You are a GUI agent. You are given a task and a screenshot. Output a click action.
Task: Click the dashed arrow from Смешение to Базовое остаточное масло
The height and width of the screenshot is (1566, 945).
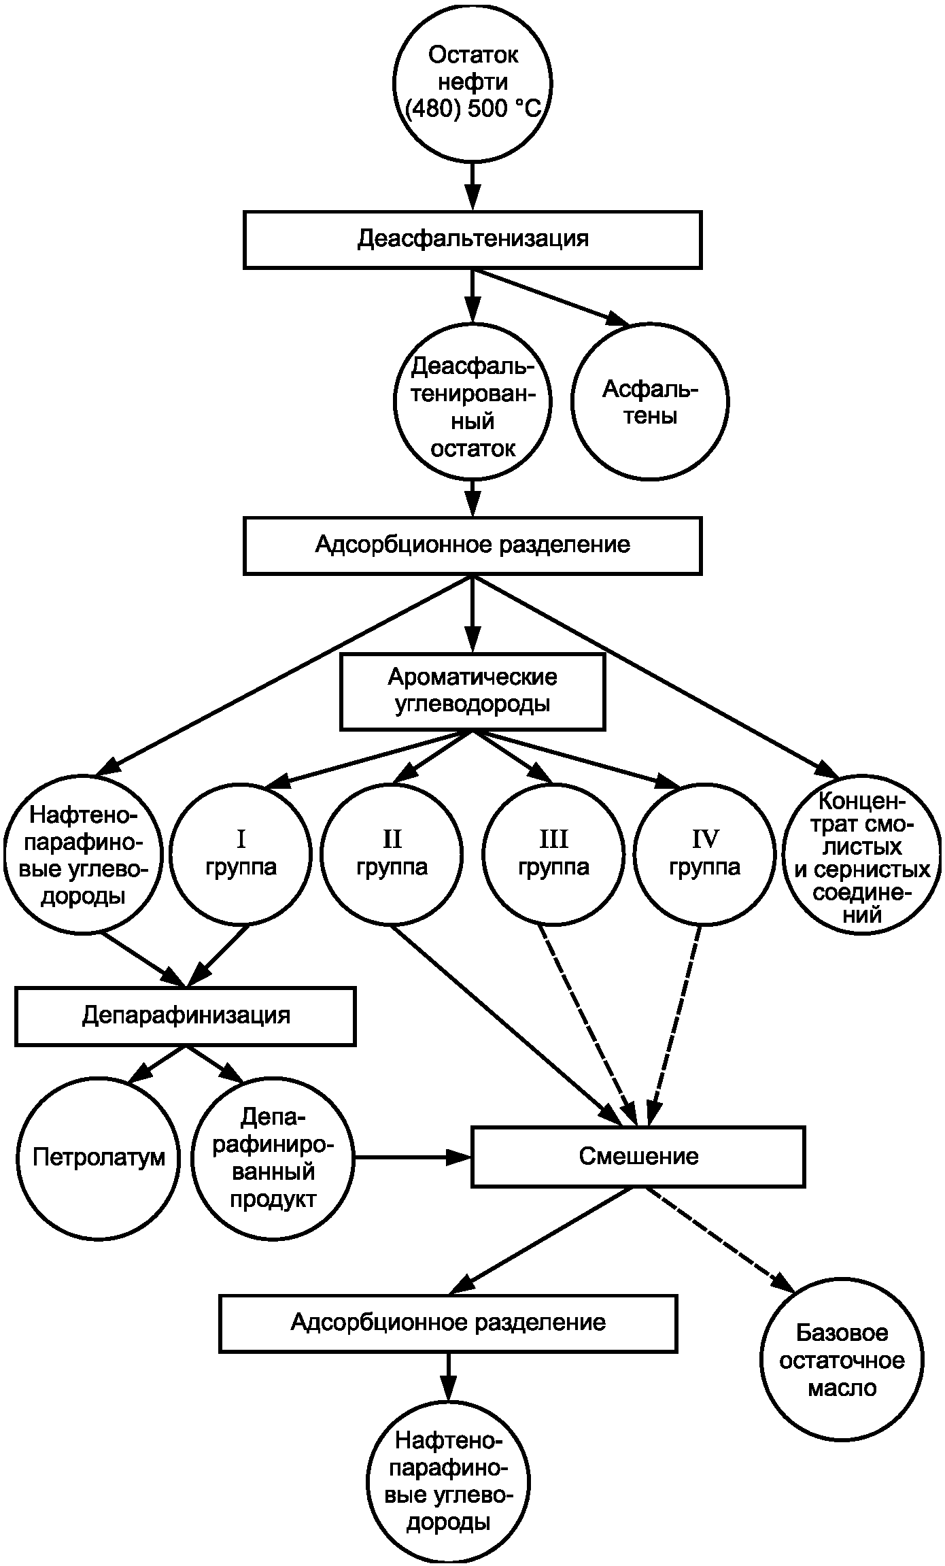pyautogui.click(x=719, y=1239)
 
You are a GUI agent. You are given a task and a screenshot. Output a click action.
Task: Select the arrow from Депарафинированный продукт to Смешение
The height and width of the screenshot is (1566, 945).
pyautogui.click(x=413, y=1157)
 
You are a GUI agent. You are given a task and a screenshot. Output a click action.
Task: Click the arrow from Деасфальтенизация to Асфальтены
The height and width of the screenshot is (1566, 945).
pyautogui.click(x=552, y=298)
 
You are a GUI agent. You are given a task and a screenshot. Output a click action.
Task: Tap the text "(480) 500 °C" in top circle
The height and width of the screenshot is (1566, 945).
pyautogui.click(x=473, y=109)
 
